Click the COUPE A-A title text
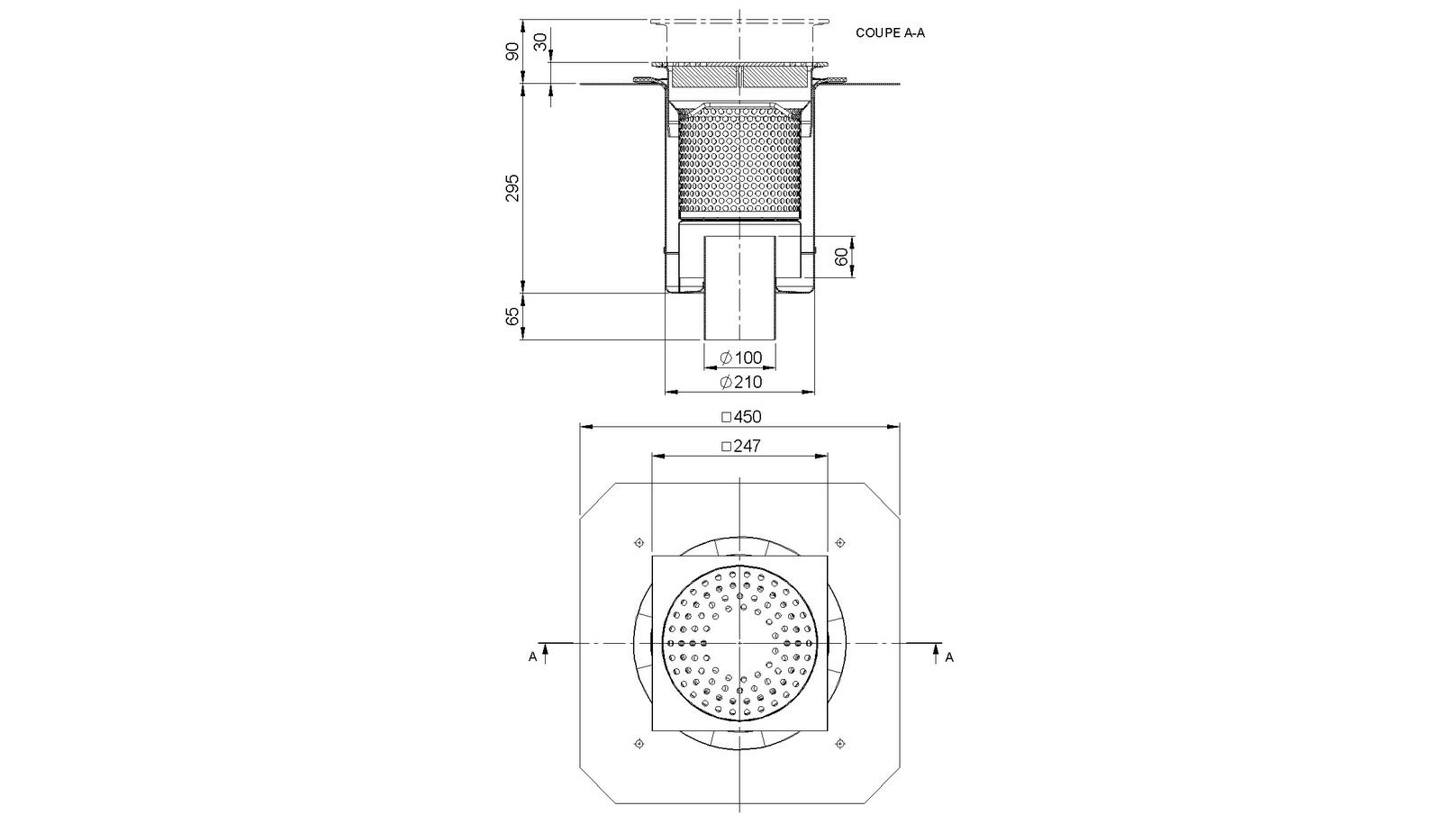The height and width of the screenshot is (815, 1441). pos(890,33)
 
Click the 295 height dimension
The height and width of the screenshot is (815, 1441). pos(512,187)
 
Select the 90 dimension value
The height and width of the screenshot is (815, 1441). pos(512,51)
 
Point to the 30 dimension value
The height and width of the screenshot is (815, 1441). pos(540,41)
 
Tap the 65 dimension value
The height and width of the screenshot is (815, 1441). pos(512,316)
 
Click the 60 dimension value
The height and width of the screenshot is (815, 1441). pos(841,258)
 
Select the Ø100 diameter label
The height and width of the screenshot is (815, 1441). pos(740,358)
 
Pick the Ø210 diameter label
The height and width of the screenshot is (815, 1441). pos(740,382)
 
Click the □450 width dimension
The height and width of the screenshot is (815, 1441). pos(740,416)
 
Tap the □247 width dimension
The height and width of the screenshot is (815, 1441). pos(740,446)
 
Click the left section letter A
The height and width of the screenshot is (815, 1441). pos(532,657)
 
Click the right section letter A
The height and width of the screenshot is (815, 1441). pos(949,657)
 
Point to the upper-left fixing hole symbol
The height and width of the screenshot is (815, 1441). pos(639,542)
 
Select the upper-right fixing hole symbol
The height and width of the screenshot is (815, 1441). pos(840,542)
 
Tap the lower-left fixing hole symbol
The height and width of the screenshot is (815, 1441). pos(639,743)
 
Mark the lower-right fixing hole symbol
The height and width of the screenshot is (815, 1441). pos(840,743)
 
